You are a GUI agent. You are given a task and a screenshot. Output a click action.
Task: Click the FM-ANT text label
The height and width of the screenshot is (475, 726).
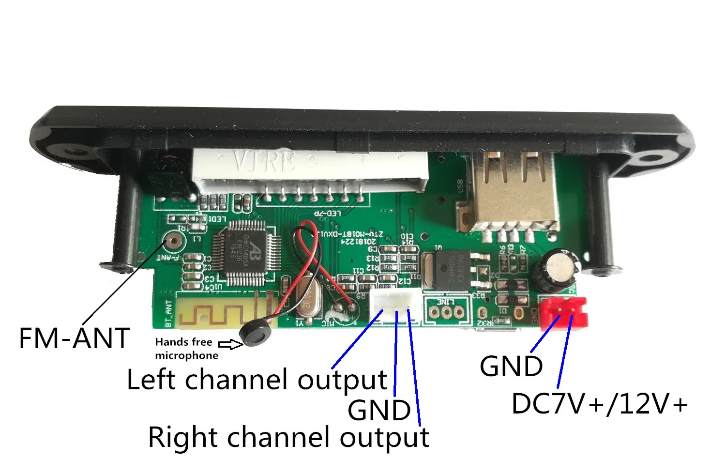pyautogui.click(x=74, y=338)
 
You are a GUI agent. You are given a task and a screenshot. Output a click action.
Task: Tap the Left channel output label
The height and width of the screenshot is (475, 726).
pyautogui.click(x=257, y=379)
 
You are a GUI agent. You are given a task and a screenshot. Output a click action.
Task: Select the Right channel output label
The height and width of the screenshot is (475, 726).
pyautogui.click(x=288, y=437)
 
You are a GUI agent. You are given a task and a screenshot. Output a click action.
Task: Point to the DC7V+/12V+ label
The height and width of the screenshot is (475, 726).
pyautogui.click(x=599, y=404)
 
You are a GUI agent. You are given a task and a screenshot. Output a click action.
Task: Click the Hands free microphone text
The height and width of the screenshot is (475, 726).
pyautogui.click(x=186, y=349)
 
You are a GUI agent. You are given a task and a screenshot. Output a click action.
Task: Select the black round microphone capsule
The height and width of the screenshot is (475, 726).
pyautogui.click(x=256, y=335)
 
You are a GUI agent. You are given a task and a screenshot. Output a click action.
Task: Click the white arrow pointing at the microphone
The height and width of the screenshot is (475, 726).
pyautogui.click(x=231, y=344)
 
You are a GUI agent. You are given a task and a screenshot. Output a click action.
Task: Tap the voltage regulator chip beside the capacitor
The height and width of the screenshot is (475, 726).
pyautogui.click(x=450, y=270)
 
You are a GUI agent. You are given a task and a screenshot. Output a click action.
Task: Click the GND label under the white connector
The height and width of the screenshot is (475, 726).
pyautogui.click(x=379, y=411)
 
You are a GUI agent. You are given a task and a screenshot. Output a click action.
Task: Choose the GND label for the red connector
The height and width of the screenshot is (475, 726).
pyautogui.click(x=511, y=366)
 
